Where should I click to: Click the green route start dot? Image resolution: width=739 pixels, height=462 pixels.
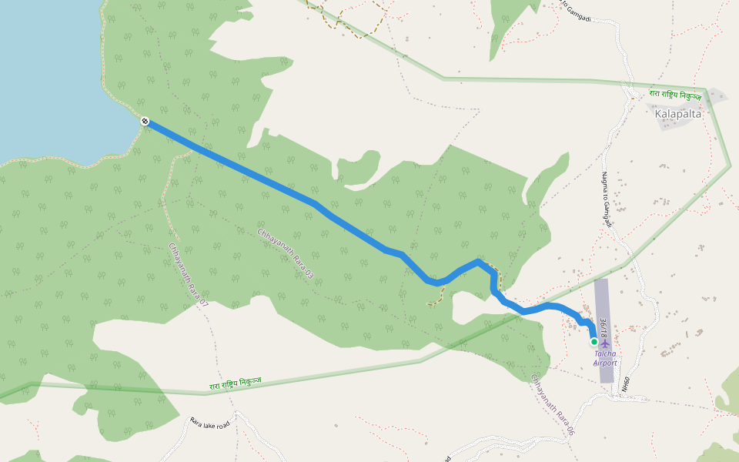(594, 341)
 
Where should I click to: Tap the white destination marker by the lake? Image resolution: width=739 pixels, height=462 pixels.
(145, 121)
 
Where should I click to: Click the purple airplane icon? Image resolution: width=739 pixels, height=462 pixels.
(605, 343)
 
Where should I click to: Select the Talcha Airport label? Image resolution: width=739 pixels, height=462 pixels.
(605, 358)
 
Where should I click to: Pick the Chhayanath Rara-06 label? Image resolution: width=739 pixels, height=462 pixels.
(553, 405)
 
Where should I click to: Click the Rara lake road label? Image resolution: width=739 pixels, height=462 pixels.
(210, 424)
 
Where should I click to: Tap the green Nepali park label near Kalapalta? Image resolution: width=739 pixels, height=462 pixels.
(675, 95)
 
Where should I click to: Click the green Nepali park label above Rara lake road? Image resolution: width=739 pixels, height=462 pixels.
(235, 383)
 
